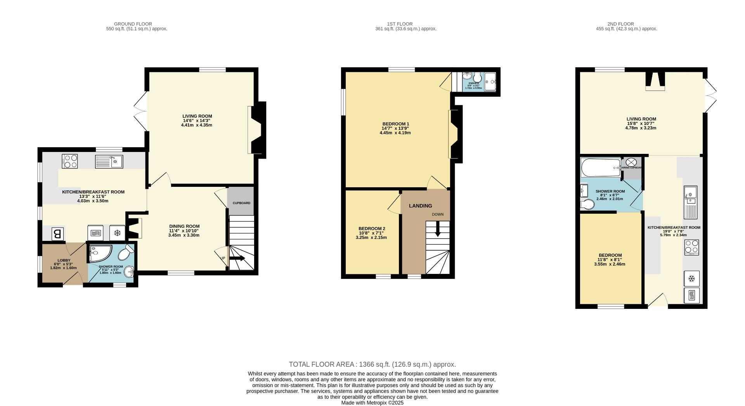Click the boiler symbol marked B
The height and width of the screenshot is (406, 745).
pos(57,234)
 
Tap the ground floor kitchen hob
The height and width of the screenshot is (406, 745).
pos(70,161)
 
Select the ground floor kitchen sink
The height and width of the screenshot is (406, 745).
pos(109,161)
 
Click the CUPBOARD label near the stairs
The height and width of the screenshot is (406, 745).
pos(241,203)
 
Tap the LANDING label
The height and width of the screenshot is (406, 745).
pos(420,206)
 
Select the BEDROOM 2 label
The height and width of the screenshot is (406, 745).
pos(372,228)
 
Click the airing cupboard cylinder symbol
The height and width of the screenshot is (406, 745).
pos(631,162)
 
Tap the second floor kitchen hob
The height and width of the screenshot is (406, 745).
pos(691,247)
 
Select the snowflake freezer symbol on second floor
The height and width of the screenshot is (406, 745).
pos(691,279)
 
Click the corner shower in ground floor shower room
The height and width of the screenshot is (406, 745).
pos(98,253)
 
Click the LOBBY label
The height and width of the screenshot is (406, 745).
pos(64,260)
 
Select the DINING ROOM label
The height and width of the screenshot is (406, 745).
pos(184,226)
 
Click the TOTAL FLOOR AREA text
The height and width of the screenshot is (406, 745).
pos(372,364)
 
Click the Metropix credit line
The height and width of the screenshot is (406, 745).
pos(372,403)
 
